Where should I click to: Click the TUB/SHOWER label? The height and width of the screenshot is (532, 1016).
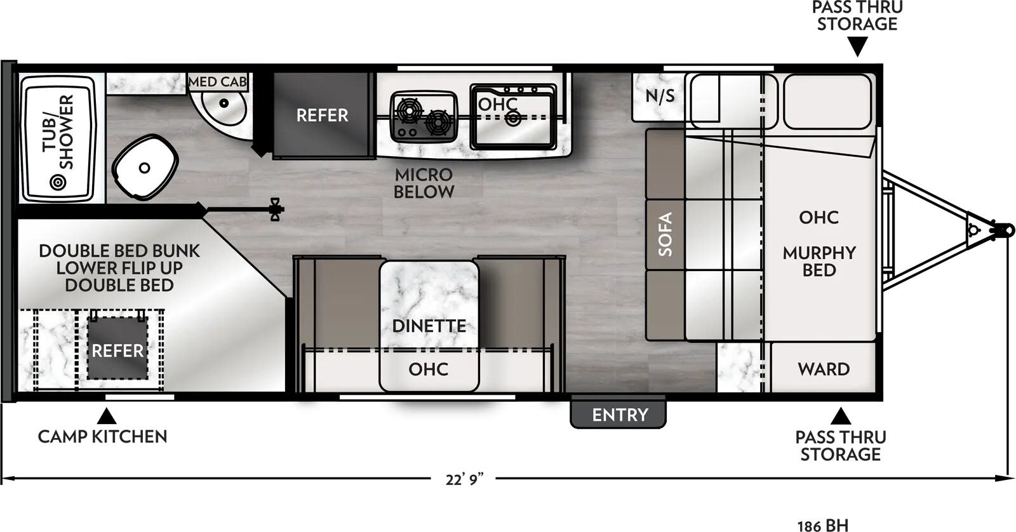coord(58,132)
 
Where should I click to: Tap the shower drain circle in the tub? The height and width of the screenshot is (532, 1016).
coord(58,183)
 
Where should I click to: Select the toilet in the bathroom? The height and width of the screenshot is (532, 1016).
coord(144,167)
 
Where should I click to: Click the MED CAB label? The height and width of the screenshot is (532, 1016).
coord(217,82)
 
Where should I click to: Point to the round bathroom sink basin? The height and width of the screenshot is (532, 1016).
coord(223,106)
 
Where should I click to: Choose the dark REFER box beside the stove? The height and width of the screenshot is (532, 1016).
coord(322,115)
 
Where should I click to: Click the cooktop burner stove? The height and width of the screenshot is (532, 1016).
coord(424,116)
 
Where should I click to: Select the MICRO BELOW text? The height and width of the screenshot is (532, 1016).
coord(424,183)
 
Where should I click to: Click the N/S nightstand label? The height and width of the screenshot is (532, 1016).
coord(660,96)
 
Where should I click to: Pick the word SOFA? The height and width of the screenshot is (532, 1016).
coord(665,234)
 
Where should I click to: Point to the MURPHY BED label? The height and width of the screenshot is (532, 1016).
coord(819,261)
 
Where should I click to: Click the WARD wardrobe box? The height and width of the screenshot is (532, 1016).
coord(824,369)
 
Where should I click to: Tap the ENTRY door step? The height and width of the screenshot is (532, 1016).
coord(619,415)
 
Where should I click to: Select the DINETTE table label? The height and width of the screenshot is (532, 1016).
coord(429,326)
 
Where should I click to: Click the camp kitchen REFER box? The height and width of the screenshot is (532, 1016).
coord(117,350)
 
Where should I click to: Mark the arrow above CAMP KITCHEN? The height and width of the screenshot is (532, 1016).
coord(106,416)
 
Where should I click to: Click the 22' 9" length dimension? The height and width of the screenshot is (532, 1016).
coord(464,479)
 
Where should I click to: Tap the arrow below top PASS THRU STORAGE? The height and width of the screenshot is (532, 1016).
coord(858,46)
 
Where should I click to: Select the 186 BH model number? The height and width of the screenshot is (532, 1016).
coord(822,525)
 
